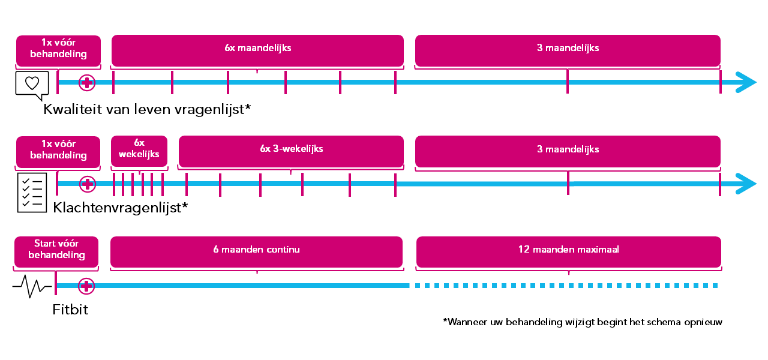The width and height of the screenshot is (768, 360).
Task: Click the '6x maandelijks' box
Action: click(257, 50)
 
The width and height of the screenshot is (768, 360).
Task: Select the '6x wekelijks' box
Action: click(139, 151)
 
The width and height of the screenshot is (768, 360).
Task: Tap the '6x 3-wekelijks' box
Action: click(291, 151)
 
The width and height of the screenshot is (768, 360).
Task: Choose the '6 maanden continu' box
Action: click(256, 252)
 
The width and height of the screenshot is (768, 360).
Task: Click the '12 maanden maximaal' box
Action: click(568, 252)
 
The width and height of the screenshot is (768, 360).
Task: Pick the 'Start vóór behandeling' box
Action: click(56, 252)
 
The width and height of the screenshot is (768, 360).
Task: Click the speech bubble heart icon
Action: click(32, 85)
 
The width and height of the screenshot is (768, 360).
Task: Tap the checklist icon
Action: click(32, 193)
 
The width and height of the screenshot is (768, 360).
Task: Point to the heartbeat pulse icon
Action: click(32, 286)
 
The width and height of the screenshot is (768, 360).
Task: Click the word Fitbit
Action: click(70, 310)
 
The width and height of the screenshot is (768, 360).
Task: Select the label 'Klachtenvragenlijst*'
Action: click(121, 208)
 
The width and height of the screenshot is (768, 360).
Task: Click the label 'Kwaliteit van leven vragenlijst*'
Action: click(147, 109)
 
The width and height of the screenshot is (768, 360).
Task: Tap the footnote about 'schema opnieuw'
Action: click(583, 322)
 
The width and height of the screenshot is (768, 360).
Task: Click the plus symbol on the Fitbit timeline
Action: click(86, 286)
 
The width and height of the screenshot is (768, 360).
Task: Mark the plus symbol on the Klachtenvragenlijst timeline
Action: click(88, 184)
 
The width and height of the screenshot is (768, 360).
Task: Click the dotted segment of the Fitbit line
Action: click(566, 286)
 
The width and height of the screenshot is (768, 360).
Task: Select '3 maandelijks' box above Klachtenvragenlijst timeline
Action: click(568, 152)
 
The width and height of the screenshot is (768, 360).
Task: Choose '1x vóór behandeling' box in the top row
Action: click(58, 51)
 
